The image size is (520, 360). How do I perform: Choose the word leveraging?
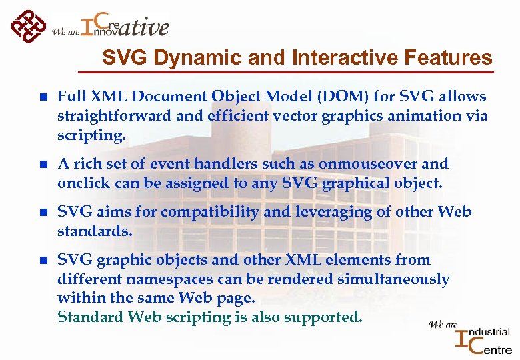[x=317, y=212]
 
